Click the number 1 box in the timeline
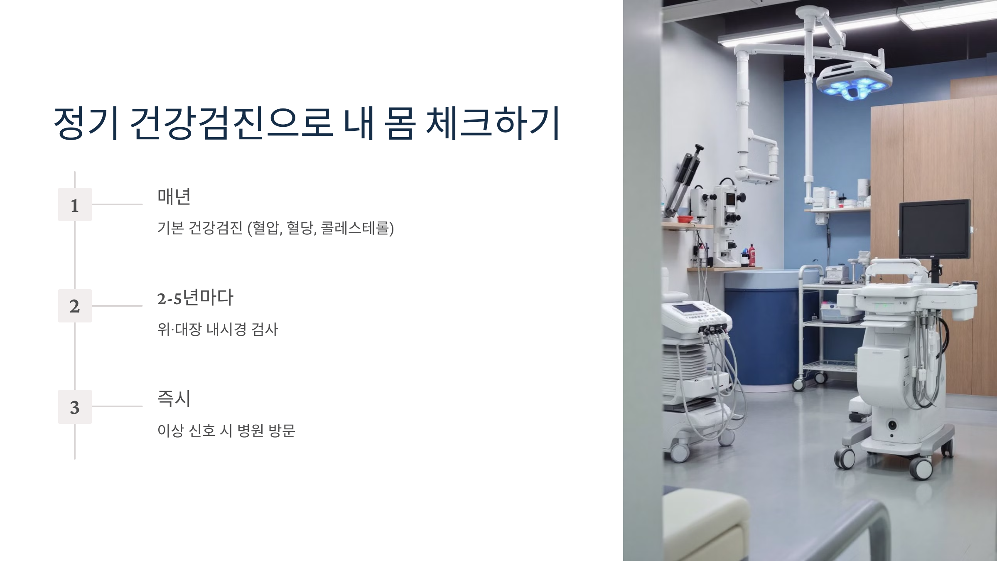pyautogui.click(x=75, y=204)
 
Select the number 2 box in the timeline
pyautogui.click(x=75, y=306)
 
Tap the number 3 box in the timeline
pyautogui.click(x=75, y=407)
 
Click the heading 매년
pyautogui.click(x=174, y=197)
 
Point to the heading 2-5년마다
pyautogui.click(x=195, y=298)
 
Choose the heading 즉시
pyautogui.click(x=174, y=399)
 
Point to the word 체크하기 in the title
pyautogui.click(x=493, y=123)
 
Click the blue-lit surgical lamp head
pyautogui.click(x=854, y=81)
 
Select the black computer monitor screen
pyautogui.click(x=934, y=229)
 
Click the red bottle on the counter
pyautogui.click(x=751, y=256)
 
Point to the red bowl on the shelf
pyautogui.click(x=686, y=219)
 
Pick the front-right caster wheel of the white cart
pyautogui.click(x=920, y=468)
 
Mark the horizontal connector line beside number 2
pyautogui.click(x=117, y=306)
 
